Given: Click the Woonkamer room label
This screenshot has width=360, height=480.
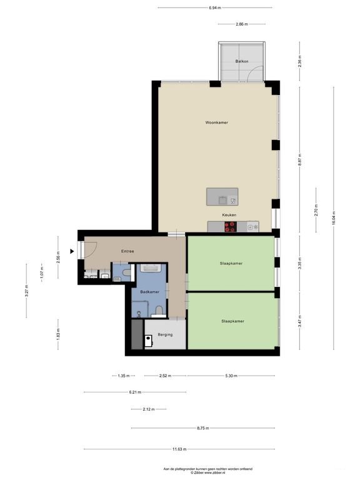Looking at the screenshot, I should pyautogui.click(x=216, y=122).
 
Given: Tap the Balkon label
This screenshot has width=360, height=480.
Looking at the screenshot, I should pyautogui.click(x=241, y=61).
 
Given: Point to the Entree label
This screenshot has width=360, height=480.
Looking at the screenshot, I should pyautogui.click(x=127, y=251).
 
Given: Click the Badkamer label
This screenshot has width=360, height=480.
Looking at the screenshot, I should pyautogui.click(x=149, y=292).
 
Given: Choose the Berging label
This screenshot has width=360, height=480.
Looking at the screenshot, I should pyautogui.click(x=165, y=334).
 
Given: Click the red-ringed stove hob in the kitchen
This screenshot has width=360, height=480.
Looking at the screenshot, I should pyautogui.click(x=231, y=227).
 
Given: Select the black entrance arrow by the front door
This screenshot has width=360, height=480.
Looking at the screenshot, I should pyautogui.click(x=72, y=251).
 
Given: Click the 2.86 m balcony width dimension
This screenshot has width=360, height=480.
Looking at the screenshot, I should pyautogui.click(x=241, y=24).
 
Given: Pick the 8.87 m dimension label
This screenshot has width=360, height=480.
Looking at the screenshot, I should pyautogui.click(x=300, y=159).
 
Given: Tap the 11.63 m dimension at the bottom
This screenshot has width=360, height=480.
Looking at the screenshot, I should pyautogui.click(x=180, y=449).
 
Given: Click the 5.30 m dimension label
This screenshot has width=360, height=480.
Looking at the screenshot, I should pyautogui.click(x=231, y=376).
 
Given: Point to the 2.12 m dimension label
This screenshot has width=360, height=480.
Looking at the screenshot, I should pyautogui.click(x=148, y=409).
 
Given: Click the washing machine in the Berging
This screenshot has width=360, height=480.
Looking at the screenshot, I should pyautogui.click(x=149, y=341).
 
